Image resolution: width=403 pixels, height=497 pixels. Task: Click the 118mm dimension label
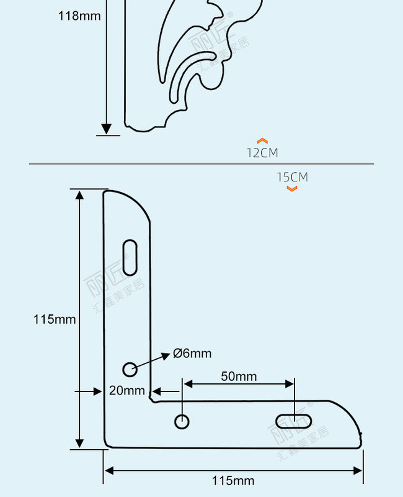tap(79, 16)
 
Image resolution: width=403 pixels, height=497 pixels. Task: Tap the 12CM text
tap(262, 153)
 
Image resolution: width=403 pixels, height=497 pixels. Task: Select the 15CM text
tap(292, 177)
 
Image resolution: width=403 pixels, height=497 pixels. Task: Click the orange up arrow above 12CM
tap(262, 141)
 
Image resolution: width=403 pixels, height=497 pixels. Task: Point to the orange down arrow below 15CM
tap(292, 188)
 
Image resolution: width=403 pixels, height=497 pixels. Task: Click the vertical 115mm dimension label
tap(55, 319)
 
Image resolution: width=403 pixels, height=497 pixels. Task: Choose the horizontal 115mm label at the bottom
tap(233, 480)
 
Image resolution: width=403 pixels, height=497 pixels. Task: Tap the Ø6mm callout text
tap(192, 353)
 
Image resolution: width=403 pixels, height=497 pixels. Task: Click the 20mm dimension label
tap(126, 390)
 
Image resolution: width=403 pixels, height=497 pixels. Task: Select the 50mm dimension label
tap(238, 376)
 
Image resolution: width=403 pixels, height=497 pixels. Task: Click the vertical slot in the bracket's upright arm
tap(130, 257)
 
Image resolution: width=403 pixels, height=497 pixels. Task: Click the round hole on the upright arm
tap(130, 369)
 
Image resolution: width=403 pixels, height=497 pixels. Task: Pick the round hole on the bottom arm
tap(182, 421)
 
